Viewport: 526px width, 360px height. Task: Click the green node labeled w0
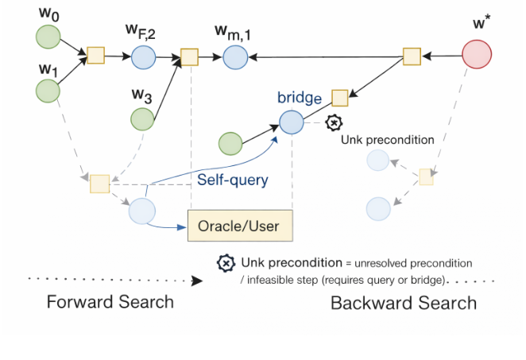pos(48,37)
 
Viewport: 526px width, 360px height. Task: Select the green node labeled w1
pos(48,90)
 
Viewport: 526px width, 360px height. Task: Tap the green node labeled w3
pos(143,119)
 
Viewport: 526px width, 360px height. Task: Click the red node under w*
pos(477,56)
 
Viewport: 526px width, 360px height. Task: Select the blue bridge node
pos(291,122)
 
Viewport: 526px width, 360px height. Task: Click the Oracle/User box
pos(240,226)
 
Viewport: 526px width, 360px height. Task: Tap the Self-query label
pos(233,180)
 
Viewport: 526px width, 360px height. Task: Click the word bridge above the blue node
pos(299,98)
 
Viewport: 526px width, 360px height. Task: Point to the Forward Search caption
pos(110,302)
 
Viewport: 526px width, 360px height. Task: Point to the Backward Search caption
pos(404,303)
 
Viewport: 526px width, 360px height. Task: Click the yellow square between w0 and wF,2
pos(95,55)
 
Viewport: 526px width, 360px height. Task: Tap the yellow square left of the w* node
pos(412,56)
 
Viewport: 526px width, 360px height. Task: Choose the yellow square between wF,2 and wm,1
pos(189,56)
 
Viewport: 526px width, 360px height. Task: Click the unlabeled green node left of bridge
pos(230,144)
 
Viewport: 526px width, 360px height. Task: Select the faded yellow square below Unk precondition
pos(426,176)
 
